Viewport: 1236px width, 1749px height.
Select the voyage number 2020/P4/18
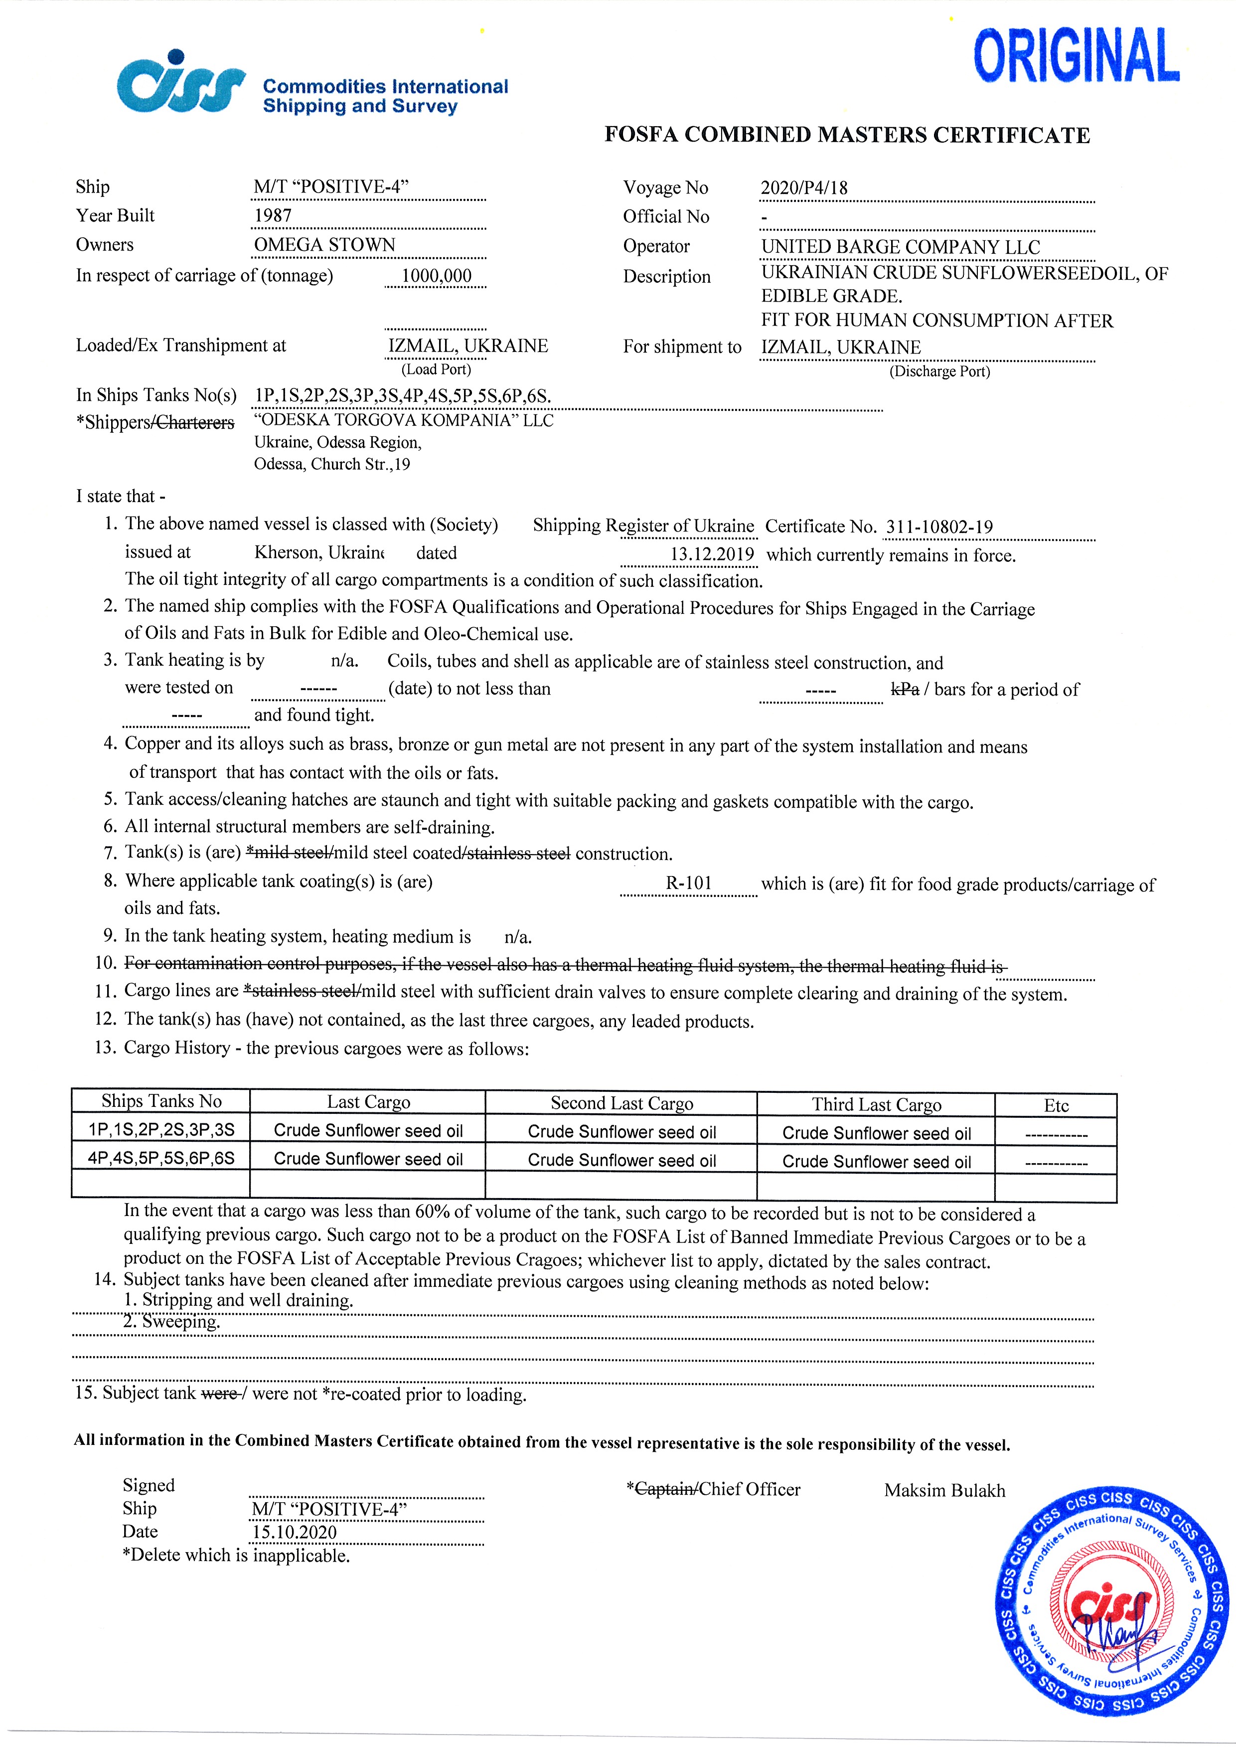[803, 188]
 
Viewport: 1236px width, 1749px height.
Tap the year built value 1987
[273, 215]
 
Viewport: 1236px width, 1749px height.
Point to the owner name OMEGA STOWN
[324, 244]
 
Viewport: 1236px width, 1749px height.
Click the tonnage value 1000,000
[437, 276]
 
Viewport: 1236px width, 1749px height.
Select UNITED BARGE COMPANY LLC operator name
[900, 247]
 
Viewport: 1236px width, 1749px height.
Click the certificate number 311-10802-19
[939, 527]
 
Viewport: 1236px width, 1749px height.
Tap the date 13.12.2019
[711, 554]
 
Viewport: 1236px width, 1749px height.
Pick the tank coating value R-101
[688, 883]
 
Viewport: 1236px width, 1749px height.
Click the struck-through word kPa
[905, 690]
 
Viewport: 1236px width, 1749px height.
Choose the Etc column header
[1056, 1105]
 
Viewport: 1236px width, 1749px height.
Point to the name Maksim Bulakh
[944, 1491]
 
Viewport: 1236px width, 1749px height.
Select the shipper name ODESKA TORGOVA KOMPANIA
[404, 420]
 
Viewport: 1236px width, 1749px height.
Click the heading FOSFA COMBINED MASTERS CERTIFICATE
[847, 135]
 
